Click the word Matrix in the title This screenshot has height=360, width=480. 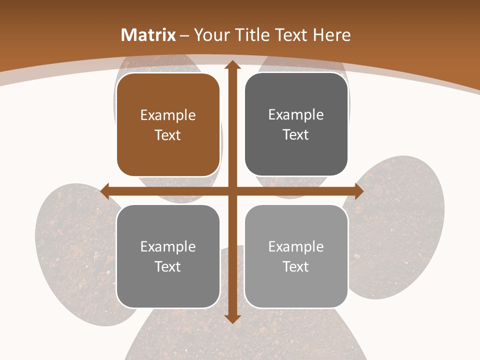148,35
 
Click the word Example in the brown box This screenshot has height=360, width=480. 168,115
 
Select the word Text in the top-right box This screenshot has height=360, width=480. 296,135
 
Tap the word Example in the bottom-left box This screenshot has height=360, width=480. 168,247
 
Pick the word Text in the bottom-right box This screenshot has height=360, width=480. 296,266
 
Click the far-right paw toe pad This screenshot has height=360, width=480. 400,225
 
